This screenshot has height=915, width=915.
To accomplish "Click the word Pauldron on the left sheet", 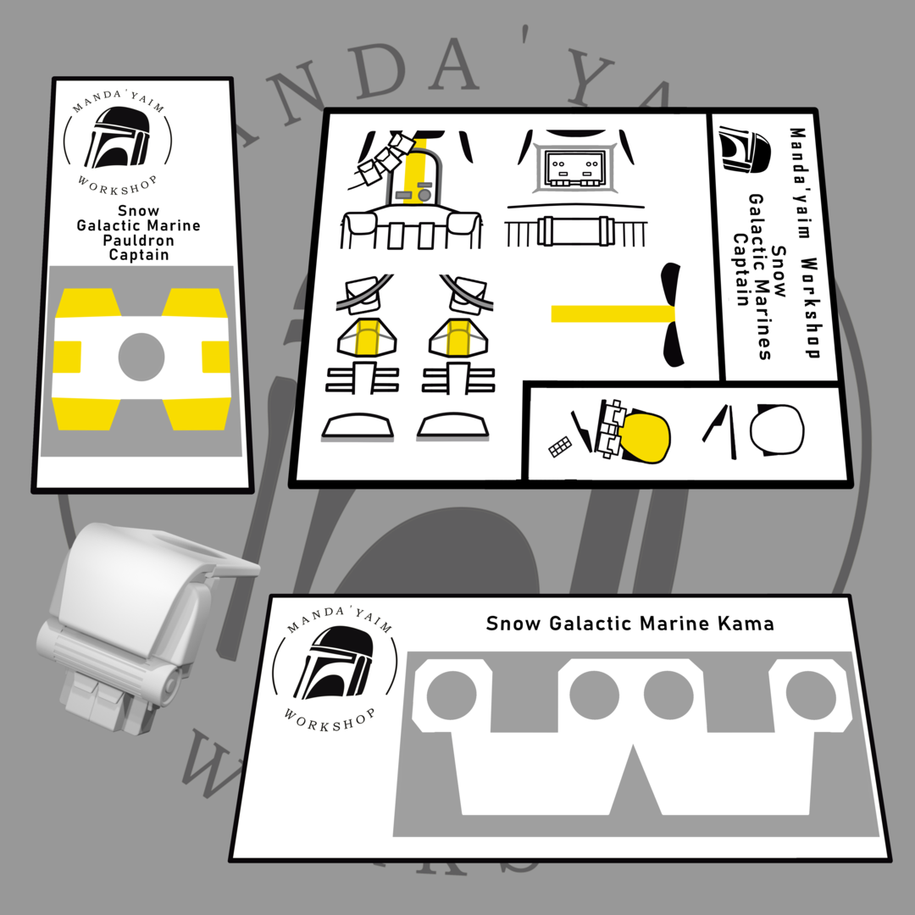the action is [x=138, y=241].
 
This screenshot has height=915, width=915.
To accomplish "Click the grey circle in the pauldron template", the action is [x=141, y=357].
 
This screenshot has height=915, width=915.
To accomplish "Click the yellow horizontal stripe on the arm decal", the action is [x=613, y=313].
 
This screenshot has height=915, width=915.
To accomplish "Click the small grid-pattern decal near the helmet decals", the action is [x=560, y=447].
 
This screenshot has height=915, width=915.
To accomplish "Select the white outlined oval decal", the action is [x=777, y=429].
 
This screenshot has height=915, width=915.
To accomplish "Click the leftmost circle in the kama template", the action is [x=451, y=695].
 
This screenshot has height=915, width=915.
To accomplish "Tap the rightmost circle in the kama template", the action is [x=811, y=695].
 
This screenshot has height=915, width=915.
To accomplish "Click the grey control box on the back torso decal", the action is [x=574, y=168].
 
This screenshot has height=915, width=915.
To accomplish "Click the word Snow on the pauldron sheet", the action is [x=138, y=211].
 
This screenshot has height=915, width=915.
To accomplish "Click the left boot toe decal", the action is [x=358, y=426].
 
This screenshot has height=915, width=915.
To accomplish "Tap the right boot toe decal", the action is [x=452, y=426].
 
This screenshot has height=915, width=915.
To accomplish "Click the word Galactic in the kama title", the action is [x=591, y=624].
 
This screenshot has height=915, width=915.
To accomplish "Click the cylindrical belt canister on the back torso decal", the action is [x=575, y=230].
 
